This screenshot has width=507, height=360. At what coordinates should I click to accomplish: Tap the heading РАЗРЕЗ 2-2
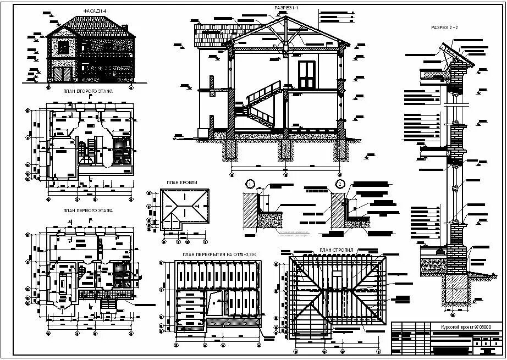tap(445, 26)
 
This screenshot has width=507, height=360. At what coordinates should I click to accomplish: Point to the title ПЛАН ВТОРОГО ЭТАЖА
tap(87, 91)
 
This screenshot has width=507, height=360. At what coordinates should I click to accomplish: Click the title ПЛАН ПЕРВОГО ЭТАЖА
tap(87, 211)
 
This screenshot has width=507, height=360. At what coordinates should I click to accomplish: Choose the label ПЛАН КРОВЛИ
tap(182, 182)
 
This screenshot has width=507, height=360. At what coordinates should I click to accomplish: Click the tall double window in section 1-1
tap(307, 75)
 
